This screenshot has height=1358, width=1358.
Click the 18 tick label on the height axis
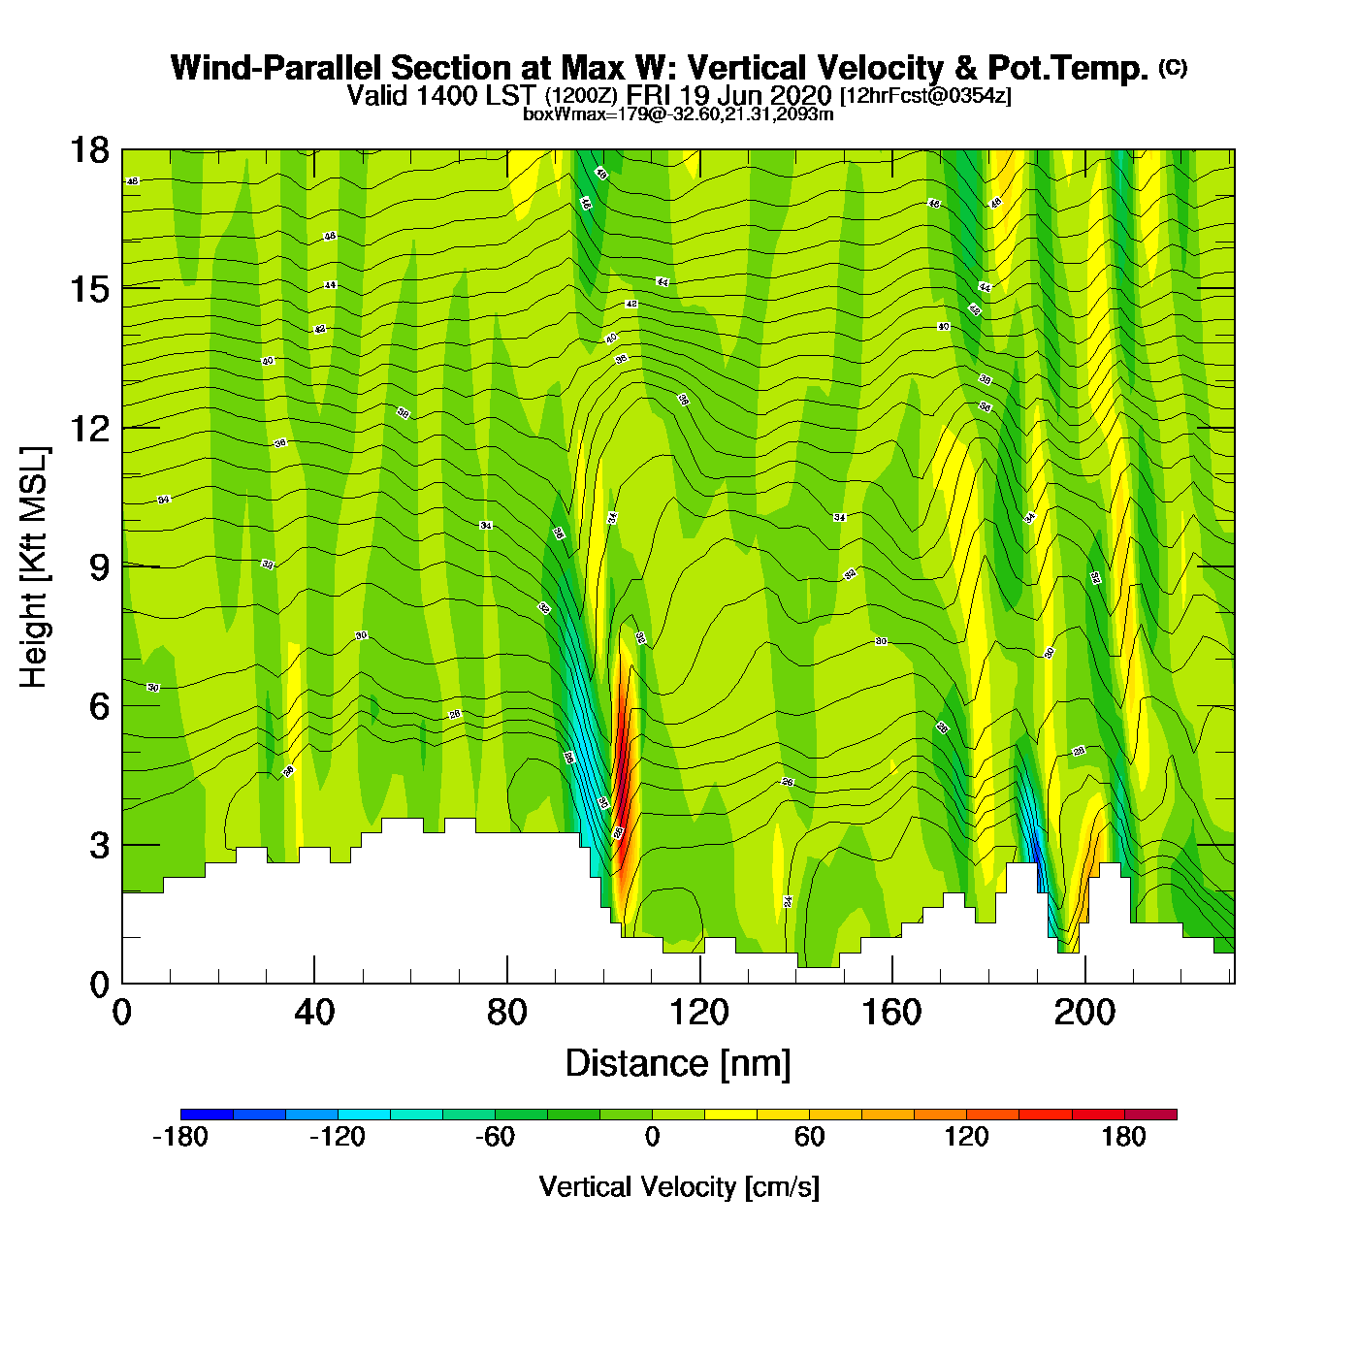pyautogui.click(x=89, y=150)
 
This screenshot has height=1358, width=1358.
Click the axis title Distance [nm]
pyautogui.click(x=678, y=1064)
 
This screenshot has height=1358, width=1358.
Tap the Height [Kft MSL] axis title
pyautogui.click(x=34, y=567)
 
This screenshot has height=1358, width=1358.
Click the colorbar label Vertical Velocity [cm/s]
pyautogui.click(x=679, y=1187)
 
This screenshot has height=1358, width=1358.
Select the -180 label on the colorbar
pyautogui.click(x=180, y=1138)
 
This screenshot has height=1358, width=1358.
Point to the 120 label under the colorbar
pyautogui.click(x=966, y=1138)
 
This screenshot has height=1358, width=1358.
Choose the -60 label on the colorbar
pyautogui.click(x=495, y=1138)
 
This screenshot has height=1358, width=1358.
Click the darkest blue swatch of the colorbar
pyautogui.click(x=207, y=1115)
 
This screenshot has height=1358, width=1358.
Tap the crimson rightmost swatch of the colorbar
pyautogui.click(x=1150, y=1115)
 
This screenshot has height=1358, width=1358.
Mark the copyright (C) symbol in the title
pyautogui.click(x=1173, y=67)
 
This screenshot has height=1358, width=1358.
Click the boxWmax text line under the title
pyautogui.click(x=678, y=114)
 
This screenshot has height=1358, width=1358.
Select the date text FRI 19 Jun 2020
pyautogui.click(x=728, y=95)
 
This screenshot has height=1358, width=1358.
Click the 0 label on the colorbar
pyautogui.click(x=652, y=1138)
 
